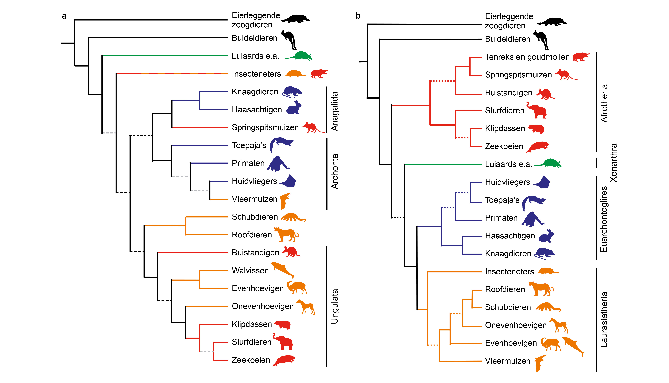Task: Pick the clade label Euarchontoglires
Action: (x=604, y=219)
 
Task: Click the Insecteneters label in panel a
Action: (x=256, y=74)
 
